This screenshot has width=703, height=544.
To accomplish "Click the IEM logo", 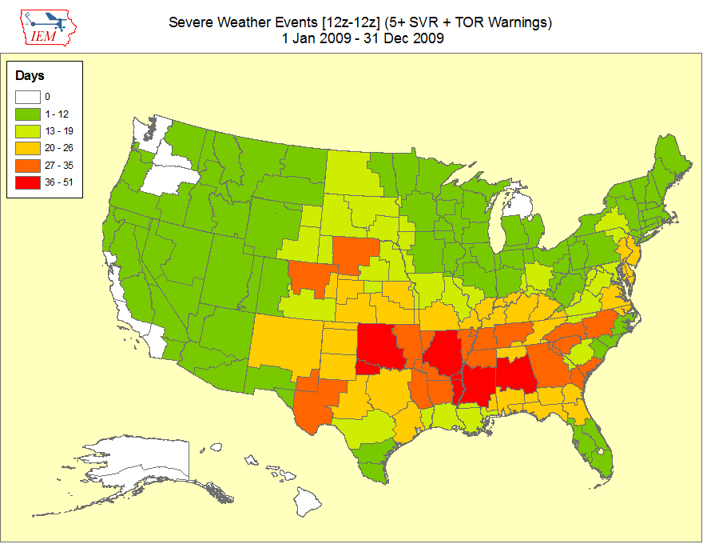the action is pos(48,28).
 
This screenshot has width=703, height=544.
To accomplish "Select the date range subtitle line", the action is pos(363,38).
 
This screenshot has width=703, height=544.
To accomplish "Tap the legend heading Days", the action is pos(30,75).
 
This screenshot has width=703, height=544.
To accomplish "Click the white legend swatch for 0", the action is pos(28,97).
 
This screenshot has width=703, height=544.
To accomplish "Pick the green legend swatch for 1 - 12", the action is pos(28,114).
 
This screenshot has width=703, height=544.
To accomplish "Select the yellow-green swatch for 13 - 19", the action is pos(28,131).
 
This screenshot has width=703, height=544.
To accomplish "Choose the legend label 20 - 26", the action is pos(59,148).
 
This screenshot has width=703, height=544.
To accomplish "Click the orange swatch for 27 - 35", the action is pos(28,166).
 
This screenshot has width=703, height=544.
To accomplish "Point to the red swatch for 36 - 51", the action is pos(28,182).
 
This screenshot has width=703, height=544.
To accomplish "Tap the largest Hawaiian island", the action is pos(308,502).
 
